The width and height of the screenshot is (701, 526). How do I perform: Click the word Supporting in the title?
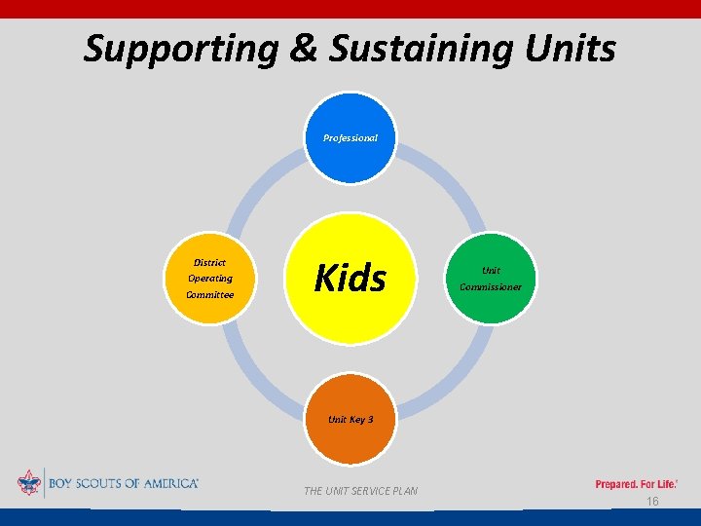point(181,48)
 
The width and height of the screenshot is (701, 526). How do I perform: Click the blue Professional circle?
point(350,138)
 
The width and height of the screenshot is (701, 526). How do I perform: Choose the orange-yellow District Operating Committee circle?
point(210,279)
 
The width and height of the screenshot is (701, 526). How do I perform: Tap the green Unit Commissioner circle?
point(491,279)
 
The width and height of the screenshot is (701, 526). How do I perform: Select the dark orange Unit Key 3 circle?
point(350,420)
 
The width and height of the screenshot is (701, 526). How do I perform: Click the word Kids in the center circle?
point(350,279)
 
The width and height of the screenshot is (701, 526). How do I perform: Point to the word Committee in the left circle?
point(210,294)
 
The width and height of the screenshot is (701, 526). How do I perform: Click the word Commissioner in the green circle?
point(491,286)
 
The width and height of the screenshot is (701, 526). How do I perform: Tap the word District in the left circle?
point(210,262)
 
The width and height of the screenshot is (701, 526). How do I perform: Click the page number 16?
point(653,501)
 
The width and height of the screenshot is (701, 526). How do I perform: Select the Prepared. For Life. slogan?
point(637,483)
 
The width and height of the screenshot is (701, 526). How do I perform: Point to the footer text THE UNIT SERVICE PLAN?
point(360,491)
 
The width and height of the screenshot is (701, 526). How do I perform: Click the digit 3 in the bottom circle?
point(369,420)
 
